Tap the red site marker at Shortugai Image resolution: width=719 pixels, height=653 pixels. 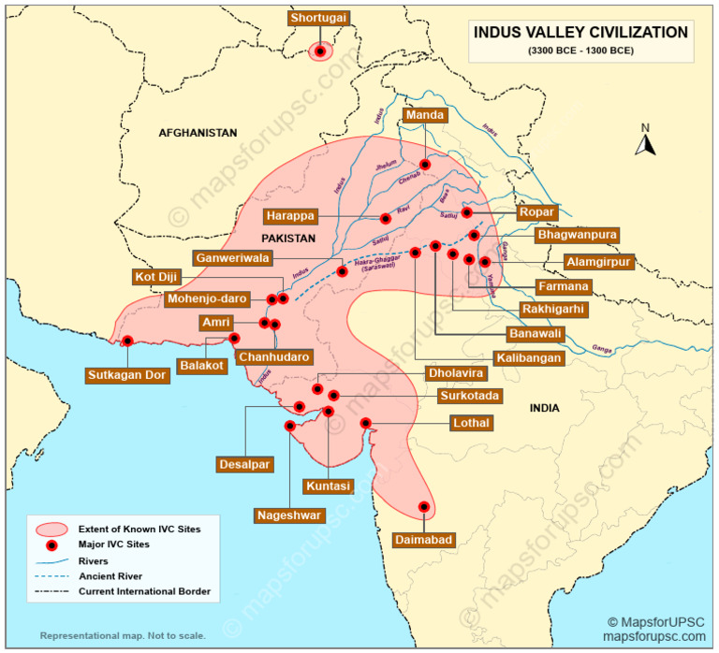pos(321,52)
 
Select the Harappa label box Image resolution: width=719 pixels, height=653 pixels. pos(289,216)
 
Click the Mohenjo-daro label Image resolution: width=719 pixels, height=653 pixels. pos(208,299)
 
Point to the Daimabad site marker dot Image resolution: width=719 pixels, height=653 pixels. pos(424,507)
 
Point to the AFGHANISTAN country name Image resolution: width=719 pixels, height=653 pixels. pos(198,133)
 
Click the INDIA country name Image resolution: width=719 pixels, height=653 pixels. pos(544,408)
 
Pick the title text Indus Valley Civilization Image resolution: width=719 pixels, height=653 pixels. pos(580,32)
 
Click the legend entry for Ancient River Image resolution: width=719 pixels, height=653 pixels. pos(110,576)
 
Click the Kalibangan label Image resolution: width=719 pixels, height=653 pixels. pos(529,357)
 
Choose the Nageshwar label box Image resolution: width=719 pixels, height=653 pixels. pos(288,515)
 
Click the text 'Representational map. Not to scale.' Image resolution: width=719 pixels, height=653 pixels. pos(123,635)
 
